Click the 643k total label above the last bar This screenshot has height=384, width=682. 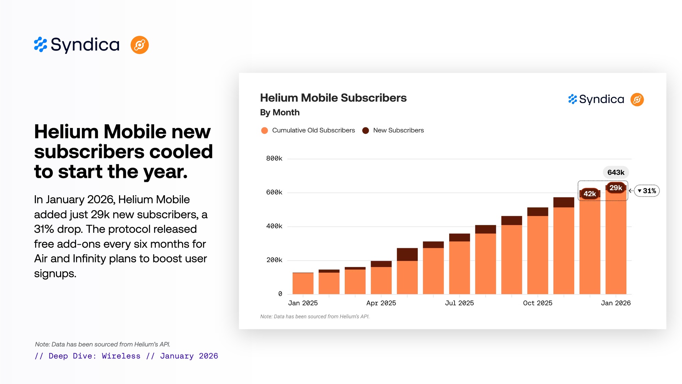point(616,172)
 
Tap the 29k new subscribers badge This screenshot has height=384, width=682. point(616,188)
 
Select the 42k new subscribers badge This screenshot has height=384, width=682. point(590,194)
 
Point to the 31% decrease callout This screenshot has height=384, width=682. point(647,191)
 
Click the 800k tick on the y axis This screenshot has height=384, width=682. point(274,158)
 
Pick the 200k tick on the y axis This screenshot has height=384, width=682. point(274,260)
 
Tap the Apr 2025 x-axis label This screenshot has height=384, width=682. point(381,303)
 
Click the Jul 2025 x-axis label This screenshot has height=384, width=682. point(459,303)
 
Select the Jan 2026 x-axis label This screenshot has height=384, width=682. point(616,303)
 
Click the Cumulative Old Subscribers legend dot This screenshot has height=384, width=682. point(264,130)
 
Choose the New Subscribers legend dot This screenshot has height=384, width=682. point(366,130)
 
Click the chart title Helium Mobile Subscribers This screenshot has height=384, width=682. point(333,98)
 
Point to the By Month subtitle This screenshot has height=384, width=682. point(280,112)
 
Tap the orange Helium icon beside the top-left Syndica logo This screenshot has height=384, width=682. point(139,45)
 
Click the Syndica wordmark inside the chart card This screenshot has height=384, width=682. point(601,99)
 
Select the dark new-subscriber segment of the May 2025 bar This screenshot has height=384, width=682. point(407,254)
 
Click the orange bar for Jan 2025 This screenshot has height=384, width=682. point(303,283)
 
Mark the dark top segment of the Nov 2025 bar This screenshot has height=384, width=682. point(564,202)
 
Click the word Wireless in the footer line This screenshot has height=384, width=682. point(121,356)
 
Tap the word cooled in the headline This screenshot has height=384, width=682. point(181,152)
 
